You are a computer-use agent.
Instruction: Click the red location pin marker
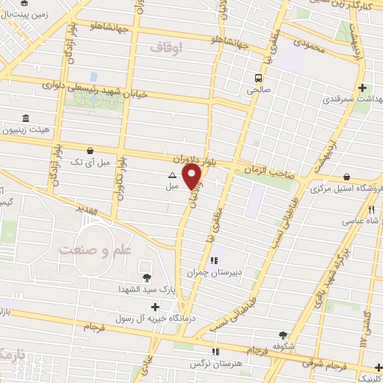pos(192,177)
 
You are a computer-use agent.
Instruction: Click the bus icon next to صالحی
pos(258,78)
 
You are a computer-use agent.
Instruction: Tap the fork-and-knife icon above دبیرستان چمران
pos(215,261)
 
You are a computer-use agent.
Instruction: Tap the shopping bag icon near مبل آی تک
pos(91,150)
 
